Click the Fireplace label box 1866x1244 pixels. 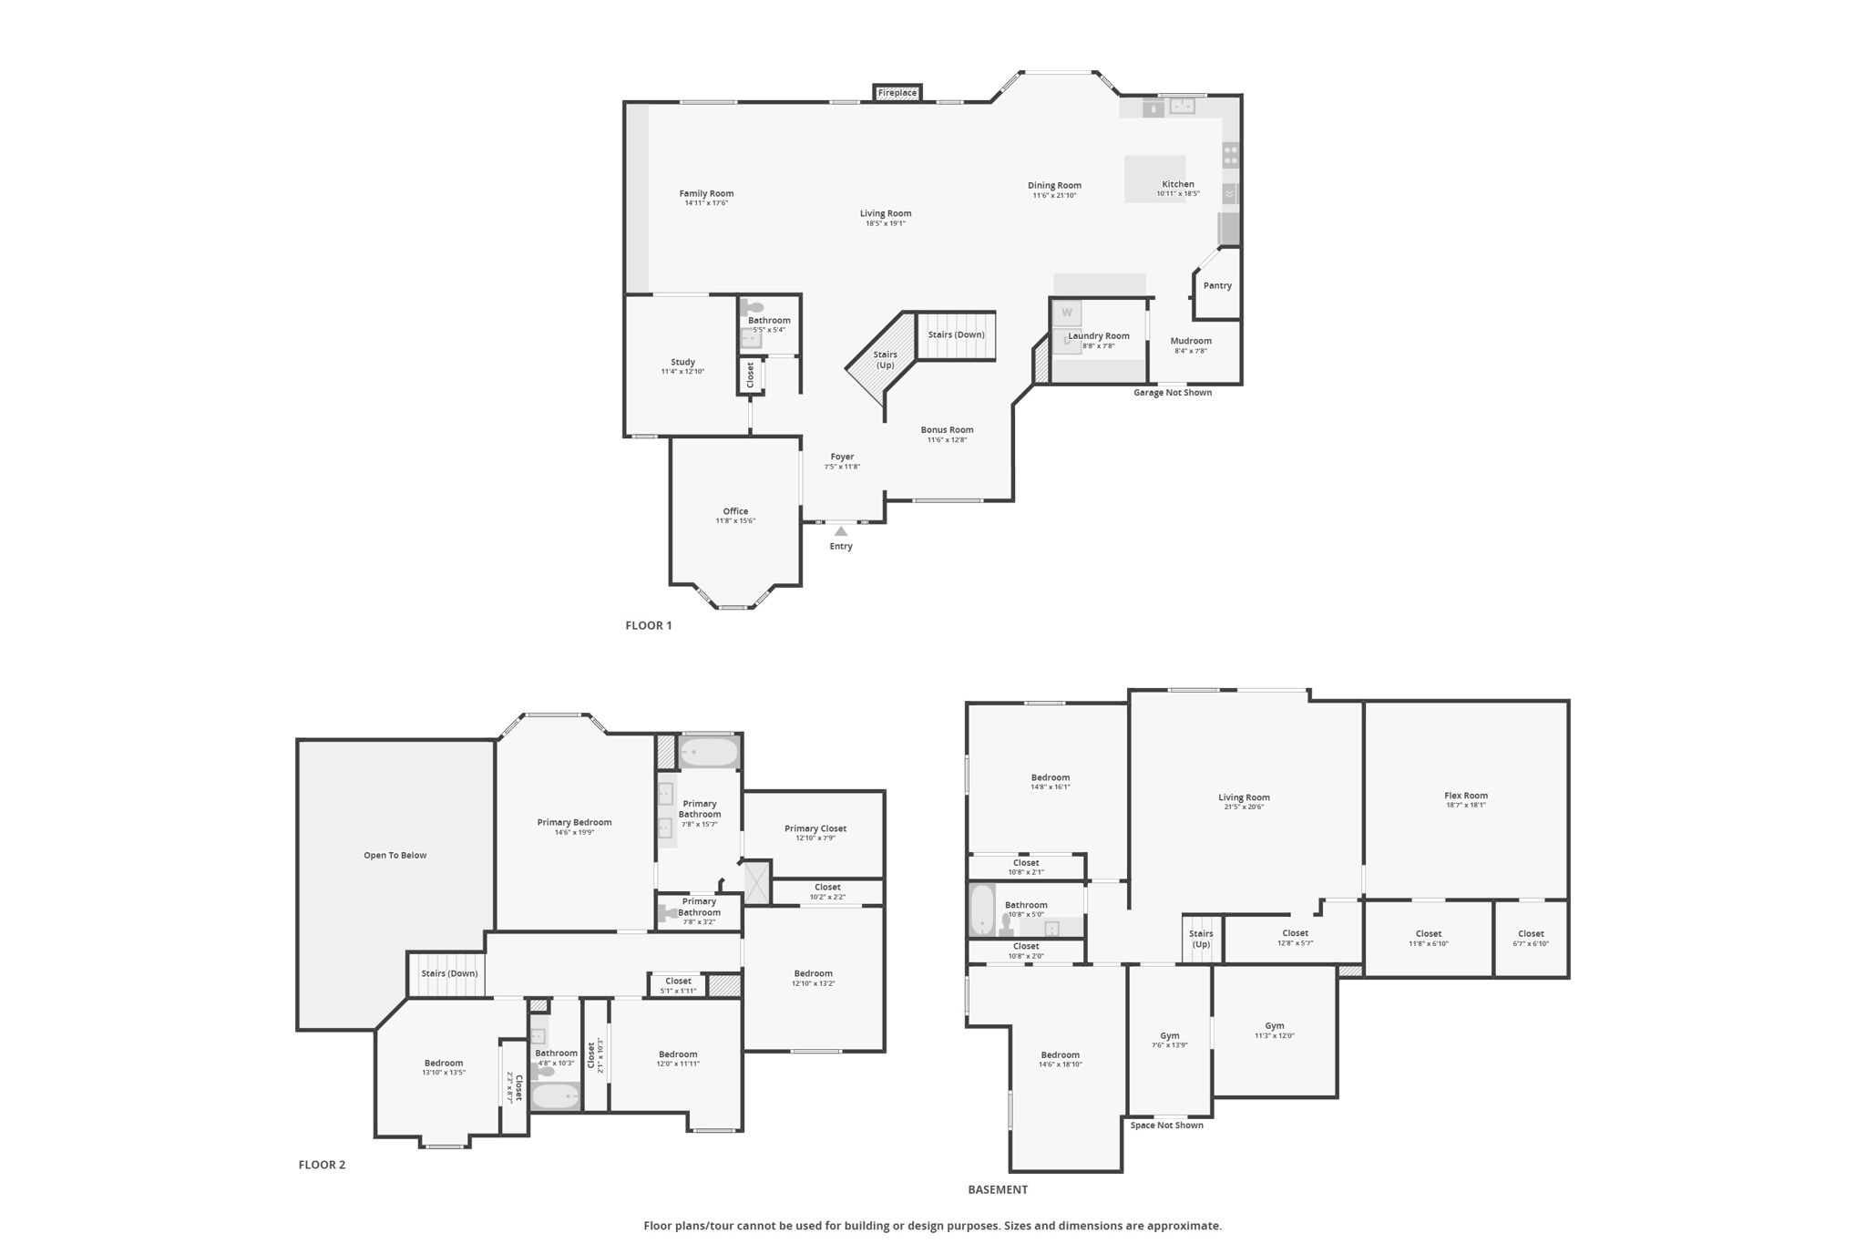click(x=897, y=93)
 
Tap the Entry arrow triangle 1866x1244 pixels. click(x=841, y=531)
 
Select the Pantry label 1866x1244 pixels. click(x=1217, y=285)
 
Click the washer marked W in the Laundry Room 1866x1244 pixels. click(x=1067, y=313)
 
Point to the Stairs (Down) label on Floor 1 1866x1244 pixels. click(x=956, y=334)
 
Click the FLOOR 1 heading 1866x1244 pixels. click(x=649, y=625)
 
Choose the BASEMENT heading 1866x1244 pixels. click(x=998, y=1189)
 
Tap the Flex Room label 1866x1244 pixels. click(x=1465, y=796)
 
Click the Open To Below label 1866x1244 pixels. click(x=395, y=855)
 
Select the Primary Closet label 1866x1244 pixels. click(x=815, y=828)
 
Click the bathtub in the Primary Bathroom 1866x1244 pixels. click(x=709, y=753)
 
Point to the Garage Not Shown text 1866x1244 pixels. click(x=1173, y=393)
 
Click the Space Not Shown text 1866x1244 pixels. click(x=1166, y=1126)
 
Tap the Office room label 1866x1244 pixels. click(x=735, y=511)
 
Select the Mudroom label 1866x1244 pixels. click(x=1191, y=341)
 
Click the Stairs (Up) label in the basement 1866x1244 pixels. click(x=1201, y=939)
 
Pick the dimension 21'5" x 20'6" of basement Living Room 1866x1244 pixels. click(x=1244, y=807)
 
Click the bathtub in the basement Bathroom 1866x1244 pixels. click(x=982, y=910)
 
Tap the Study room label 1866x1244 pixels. click(x=682, y=362)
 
